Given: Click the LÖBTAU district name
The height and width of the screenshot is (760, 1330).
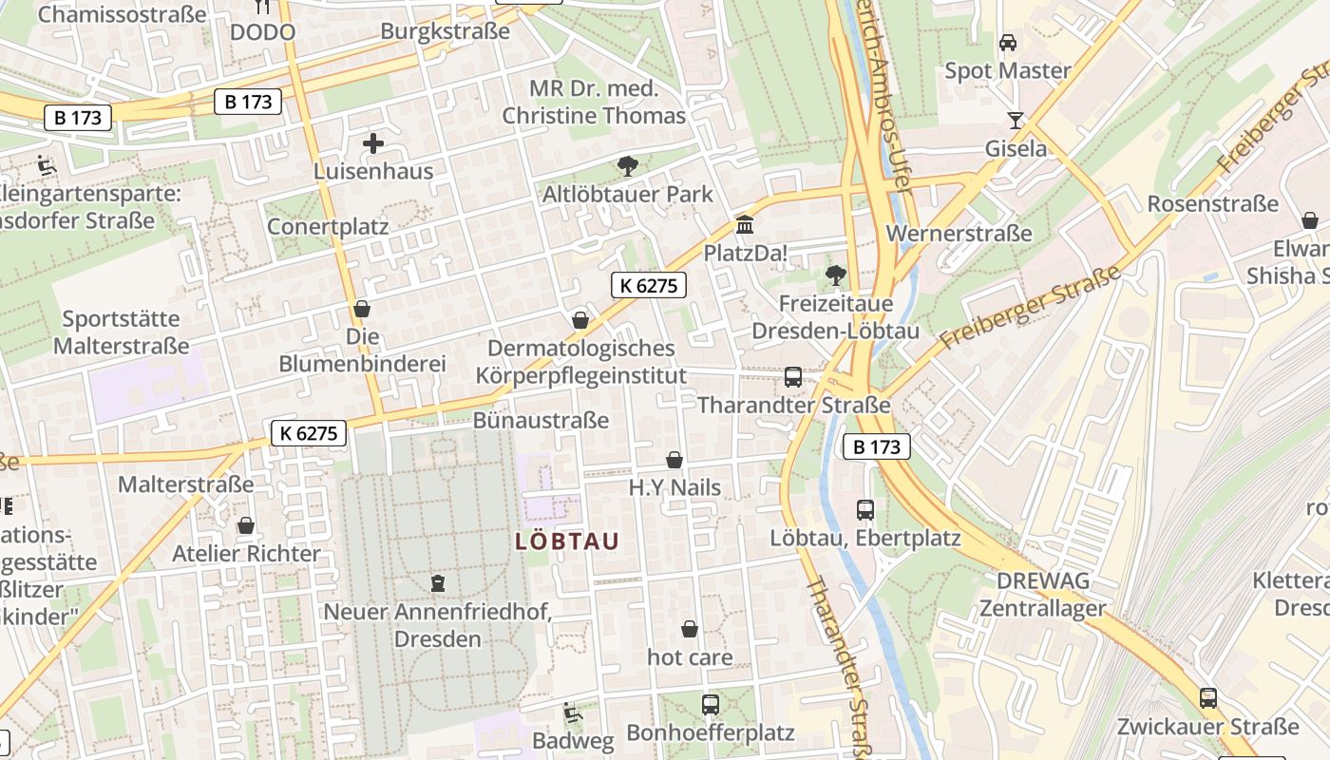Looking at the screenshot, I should coord(567,541).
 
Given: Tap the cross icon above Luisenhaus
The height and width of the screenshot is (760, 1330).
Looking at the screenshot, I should coord(373,144).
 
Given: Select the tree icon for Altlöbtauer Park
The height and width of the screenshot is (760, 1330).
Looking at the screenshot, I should coord(627,167).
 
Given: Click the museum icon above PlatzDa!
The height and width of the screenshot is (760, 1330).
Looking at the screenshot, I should coord(745,226).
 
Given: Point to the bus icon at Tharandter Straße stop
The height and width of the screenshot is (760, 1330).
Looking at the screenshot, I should coord(793,377).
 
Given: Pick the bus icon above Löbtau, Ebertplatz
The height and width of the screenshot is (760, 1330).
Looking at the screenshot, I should coord(865,509).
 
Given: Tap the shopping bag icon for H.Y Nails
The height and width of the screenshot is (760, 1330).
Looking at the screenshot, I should coord(674,461).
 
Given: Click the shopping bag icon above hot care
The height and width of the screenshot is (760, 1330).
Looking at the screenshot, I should coord(690,630).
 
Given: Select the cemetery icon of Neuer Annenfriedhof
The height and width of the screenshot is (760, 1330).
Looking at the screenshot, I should coord(438,582).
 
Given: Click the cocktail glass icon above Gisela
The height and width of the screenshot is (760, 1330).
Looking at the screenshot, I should coord(1016,120).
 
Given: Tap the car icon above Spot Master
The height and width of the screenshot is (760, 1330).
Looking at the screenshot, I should coord(1008,43).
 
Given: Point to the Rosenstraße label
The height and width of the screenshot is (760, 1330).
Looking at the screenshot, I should coord(1212,203).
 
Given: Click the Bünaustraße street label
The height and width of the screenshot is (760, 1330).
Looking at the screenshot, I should coord(541,420).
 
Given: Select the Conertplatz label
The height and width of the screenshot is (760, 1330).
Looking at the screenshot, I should coord(328,226).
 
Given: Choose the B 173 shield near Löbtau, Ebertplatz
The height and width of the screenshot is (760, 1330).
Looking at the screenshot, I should coord(876,446).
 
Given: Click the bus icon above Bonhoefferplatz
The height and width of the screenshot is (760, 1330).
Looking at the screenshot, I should coord(711,705).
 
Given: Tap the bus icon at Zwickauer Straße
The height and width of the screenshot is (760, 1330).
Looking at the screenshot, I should coord(1208,698).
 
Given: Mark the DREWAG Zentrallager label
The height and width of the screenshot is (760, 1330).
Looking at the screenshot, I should coord(1043,595).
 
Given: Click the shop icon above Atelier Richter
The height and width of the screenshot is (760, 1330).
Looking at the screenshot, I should coord(246,525).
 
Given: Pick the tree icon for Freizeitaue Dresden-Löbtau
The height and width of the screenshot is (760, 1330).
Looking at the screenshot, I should coord(836,275).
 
